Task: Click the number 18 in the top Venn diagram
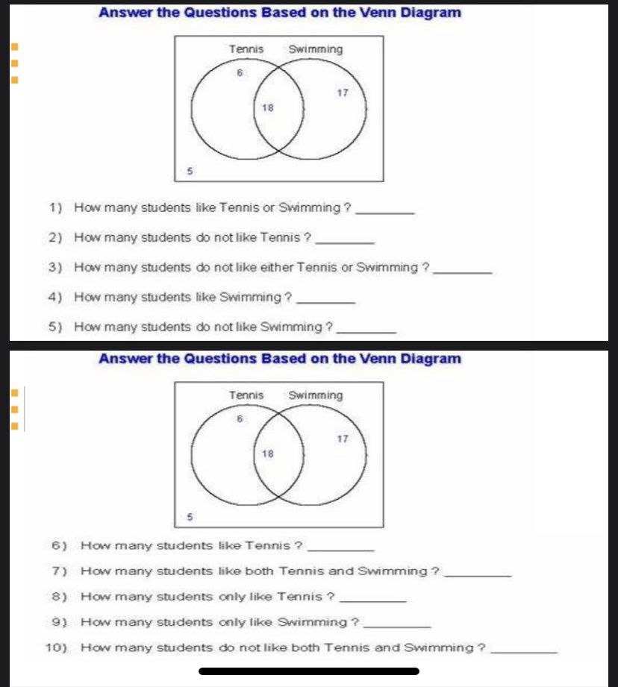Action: tap(268, 108)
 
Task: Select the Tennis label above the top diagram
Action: tap(246, 49)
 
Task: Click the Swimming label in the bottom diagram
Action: tap(315, 395)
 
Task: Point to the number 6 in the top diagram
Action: tap(239, 73)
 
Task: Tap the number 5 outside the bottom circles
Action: tap(190, 516)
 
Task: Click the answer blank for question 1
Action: tap(387, 213)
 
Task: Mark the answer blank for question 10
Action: tap(526, 652)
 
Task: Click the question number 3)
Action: tap(54, 267)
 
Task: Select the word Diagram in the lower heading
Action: tap(431, 359)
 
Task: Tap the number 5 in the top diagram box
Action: tap(190, 171)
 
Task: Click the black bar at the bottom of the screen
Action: tap(309, 671)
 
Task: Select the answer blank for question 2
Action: tap(346, 242)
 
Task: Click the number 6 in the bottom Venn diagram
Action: tap(239, 419)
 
